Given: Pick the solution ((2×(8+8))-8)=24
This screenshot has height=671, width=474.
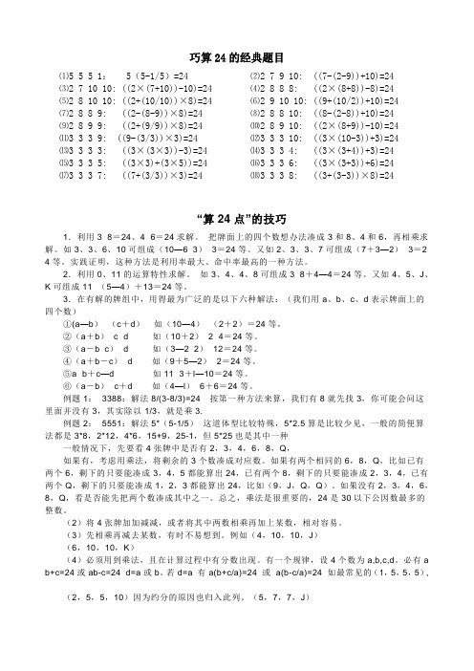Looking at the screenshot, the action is [359, 86].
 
